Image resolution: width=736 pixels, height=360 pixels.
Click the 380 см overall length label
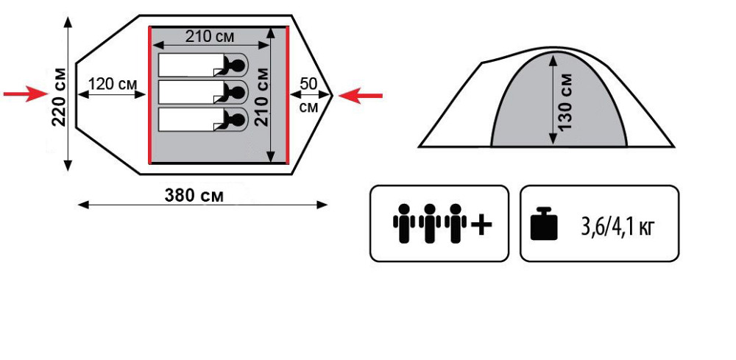pyautogui.click(x=194, y=195)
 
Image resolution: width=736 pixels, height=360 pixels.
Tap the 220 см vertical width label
pyautogui.click(x=59, y=96)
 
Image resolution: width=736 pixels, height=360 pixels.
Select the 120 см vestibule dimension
pyautogui.click(x=112, y=84)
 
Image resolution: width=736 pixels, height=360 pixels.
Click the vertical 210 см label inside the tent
pyautogui.click(x=261, y=96)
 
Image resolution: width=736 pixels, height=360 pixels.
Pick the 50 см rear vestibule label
pyautogui.click(x=309, y=94)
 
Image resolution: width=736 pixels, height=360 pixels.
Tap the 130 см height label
pyautogui.click(x=565, y=102)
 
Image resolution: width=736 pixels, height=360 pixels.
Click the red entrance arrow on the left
pyautogui.click(x=26, y=93)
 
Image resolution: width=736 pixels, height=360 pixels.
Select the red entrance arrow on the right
pyautogui.click(x=364, y=94)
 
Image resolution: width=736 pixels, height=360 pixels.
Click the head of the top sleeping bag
pyautogui.click(x=238, y=66)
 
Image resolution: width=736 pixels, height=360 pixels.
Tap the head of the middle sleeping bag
pyautogui.click(x=238, y=92)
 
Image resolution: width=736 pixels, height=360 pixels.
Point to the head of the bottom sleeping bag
pyautogui.click(x=238, y=119)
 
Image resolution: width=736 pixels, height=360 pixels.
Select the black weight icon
pyautogui.click(x=543, y=224)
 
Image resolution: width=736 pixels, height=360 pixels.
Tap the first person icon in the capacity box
pyautogui.click(x=403, y=223)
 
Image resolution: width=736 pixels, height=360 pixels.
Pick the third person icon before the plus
pyautogui.click(x=456, y=223)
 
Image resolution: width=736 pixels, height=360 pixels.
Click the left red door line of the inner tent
pyautogui.click(x=150, y=96)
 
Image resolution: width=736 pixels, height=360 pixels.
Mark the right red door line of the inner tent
pyautogui.click(x=286, y=96)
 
